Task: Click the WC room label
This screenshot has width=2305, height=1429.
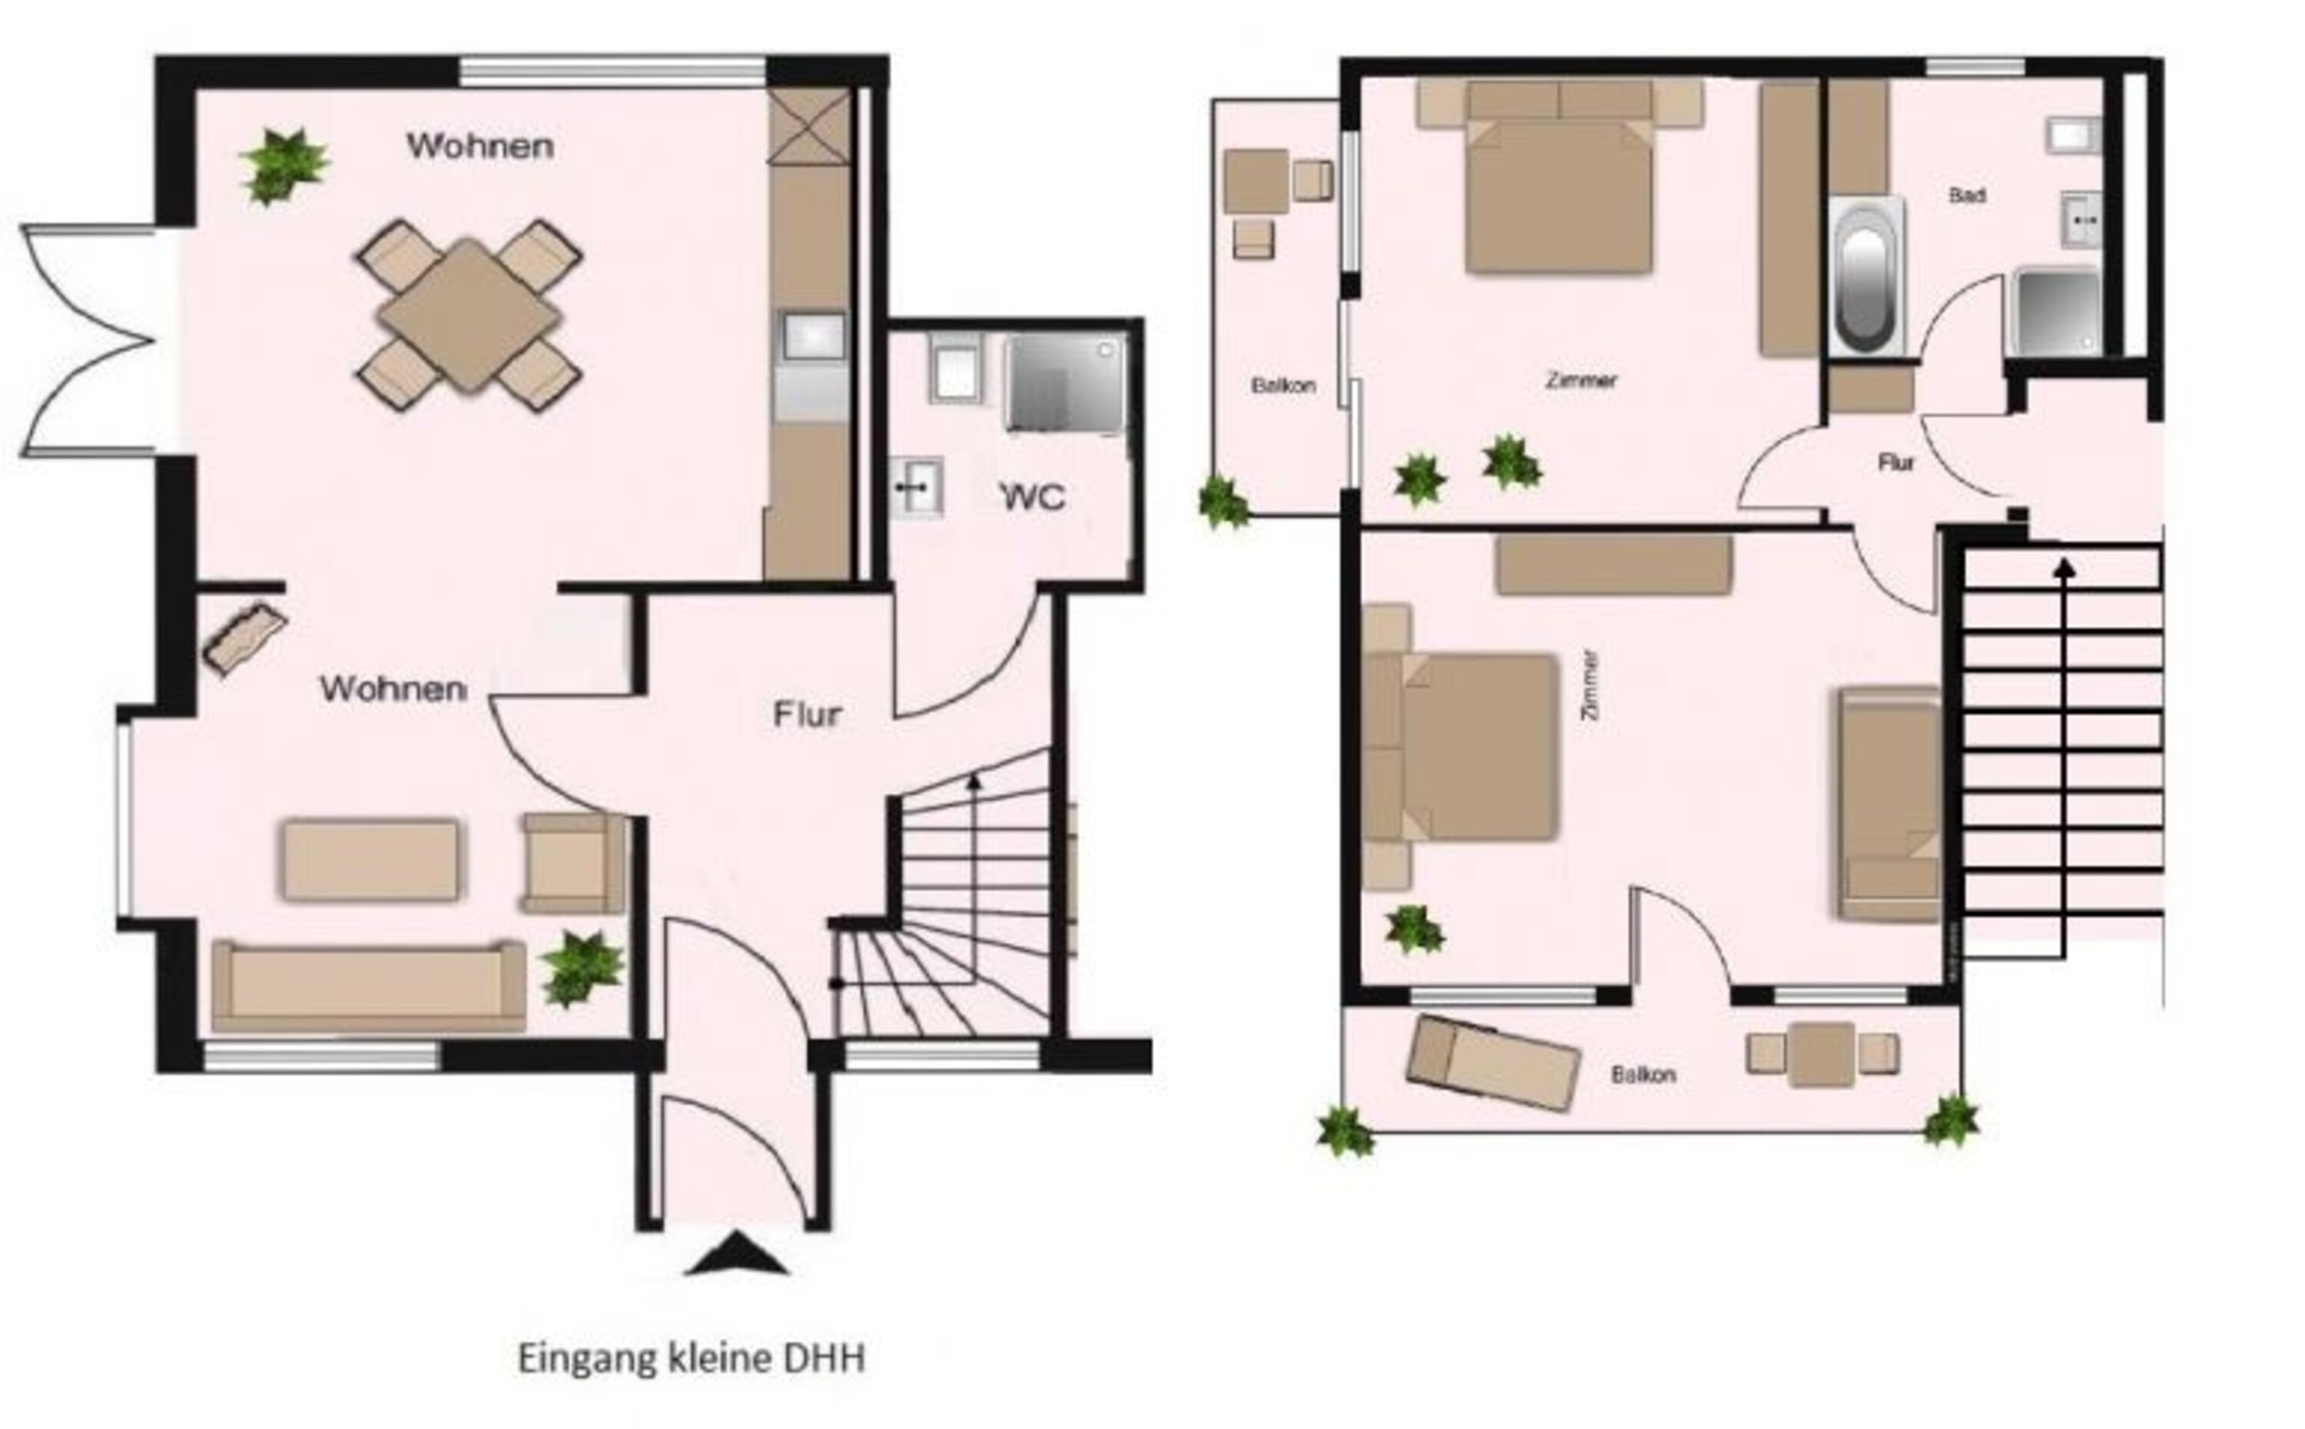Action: pos(1032,496)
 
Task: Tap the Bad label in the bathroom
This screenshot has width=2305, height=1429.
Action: pos(1967,196)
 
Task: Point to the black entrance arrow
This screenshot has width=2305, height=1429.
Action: pos(736,1253)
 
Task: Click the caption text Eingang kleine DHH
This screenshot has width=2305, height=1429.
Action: pos(691,1359)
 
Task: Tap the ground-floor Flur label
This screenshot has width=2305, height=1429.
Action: pos(807,714)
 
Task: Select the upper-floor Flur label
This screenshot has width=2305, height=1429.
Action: pos(1895,463)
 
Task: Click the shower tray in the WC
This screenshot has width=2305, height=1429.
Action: pos(1066,383)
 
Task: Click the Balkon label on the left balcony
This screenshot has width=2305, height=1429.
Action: pos(1283,386)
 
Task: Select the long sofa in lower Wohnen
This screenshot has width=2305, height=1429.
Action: pos(369,986)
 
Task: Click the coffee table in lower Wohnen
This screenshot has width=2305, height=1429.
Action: pos(370,860)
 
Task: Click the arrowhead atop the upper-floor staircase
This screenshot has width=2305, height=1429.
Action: pos(2065,567)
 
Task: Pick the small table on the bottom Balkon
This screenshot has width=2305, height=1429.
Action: pos(1821,1054)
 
